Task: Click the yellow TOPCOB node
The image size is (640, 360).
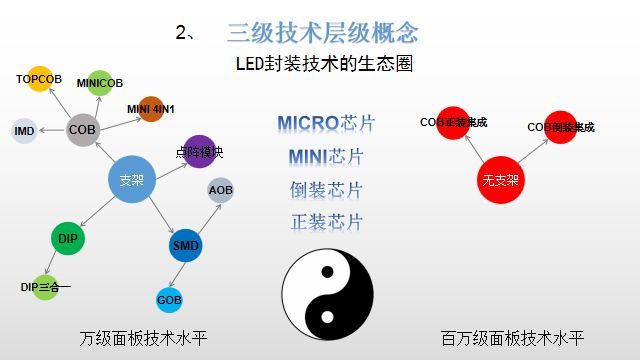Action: [x=40, y=80]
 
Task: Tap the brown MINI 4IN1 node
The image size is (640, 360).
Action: [x=151, y=109]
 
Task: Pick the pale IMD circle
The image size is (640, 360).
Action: [x=24, y=131]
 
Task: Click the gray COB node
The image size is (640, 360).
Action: [x=83, y=130]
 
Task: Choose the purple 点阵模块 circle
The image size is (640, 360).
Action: [x=200, y=152]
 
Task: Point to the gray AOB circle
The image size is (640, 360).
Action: [x=221, y=189]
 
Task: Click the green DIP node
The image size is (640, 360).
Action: [x=68, y=239]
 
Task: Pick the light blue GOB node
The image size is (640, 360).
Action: [x=169, y=299]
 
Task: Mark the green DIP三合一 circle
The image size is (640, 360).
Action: [x=45, y=287]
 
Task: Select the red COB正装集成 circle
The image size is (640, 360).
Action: [x=454, y=123]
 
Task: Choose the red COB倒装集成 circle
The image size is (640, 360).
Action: [x=561, y=128]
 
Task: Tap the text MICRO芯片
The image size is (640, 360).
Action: [x=326, y=124]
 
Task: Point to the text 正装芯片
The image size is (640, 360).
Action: [x=326, y=222]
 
